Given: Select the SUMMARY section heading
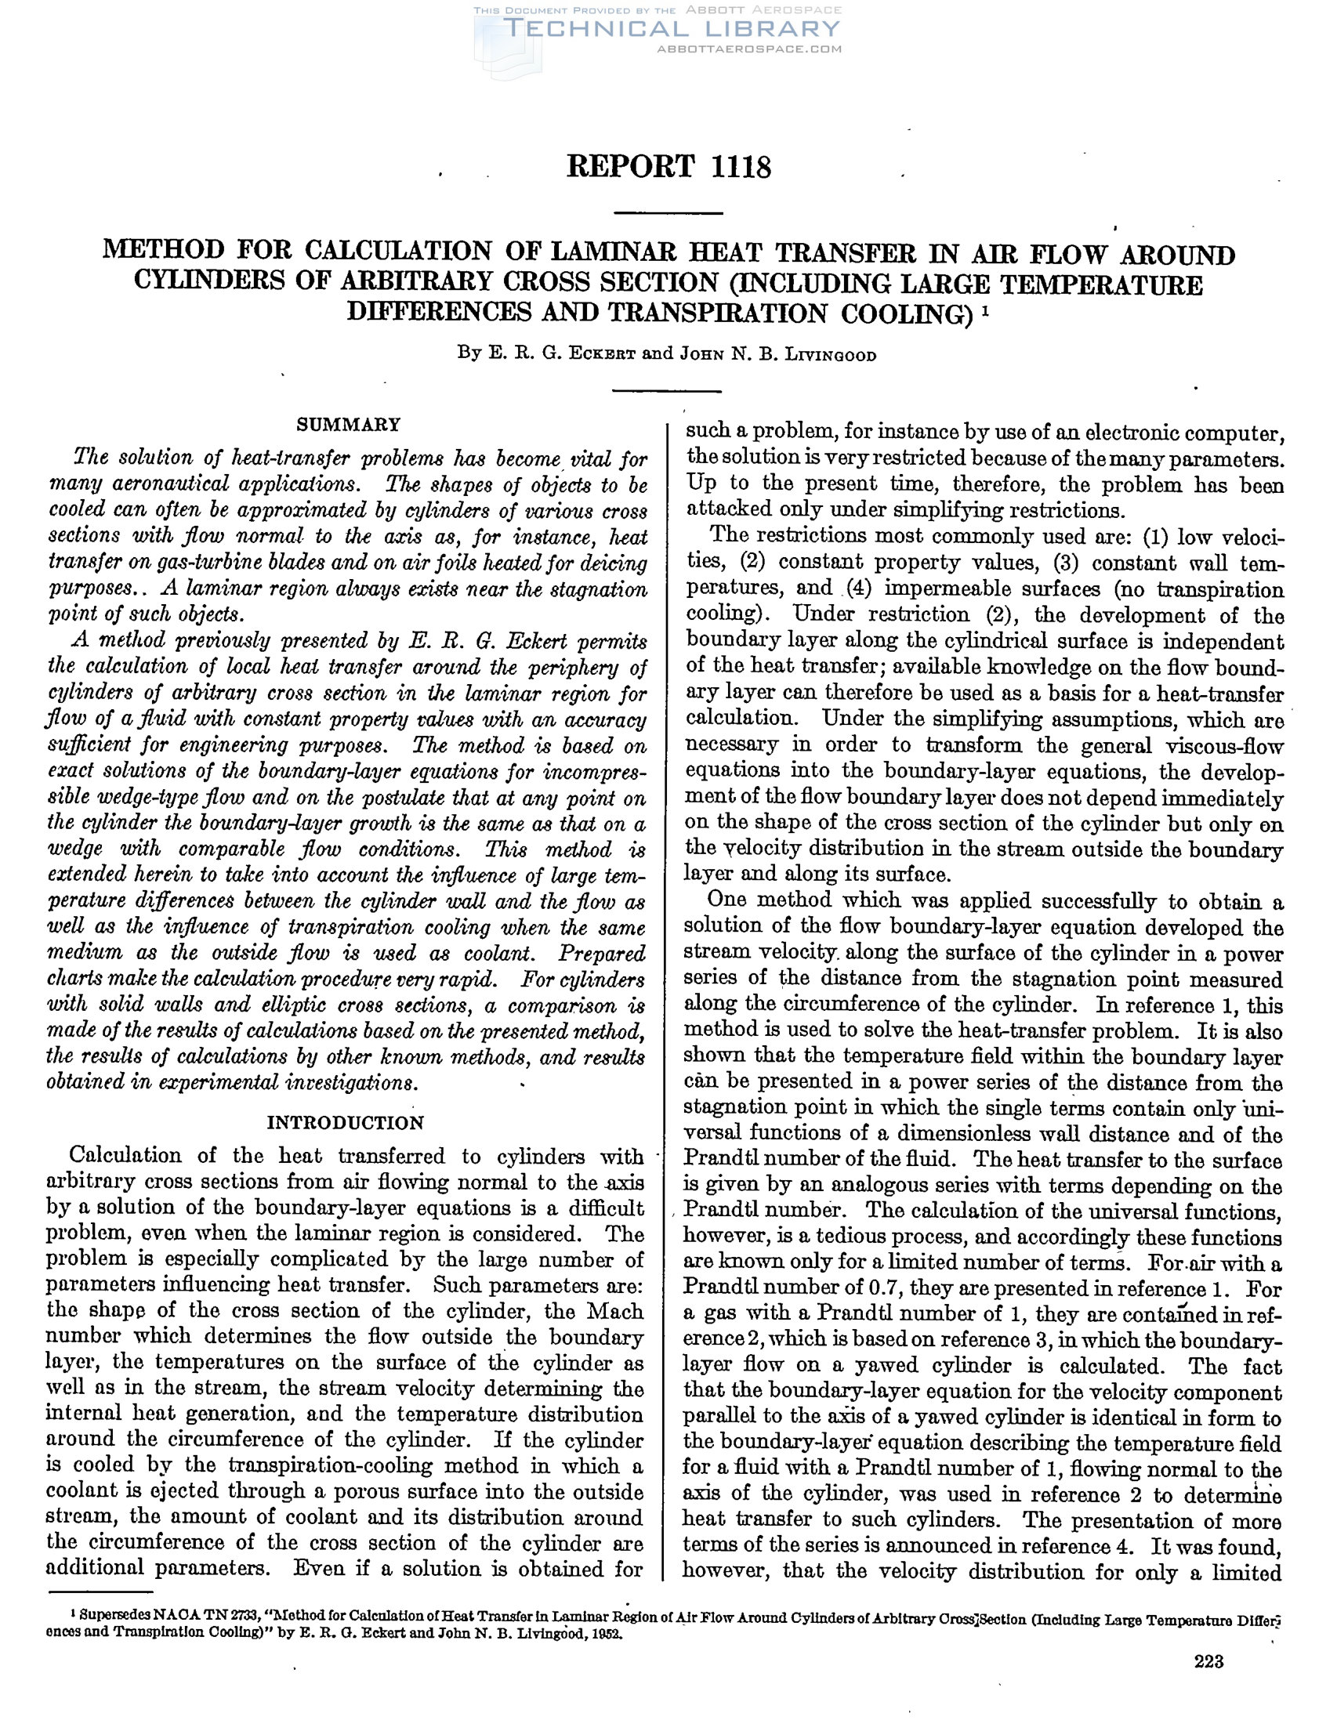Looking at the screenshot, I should pos(348,424).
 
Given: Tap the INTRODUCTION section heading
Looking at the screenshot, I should pos(346,1123).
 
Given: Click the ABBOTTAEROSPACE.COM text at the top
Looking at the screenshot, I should pos(749,49).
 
